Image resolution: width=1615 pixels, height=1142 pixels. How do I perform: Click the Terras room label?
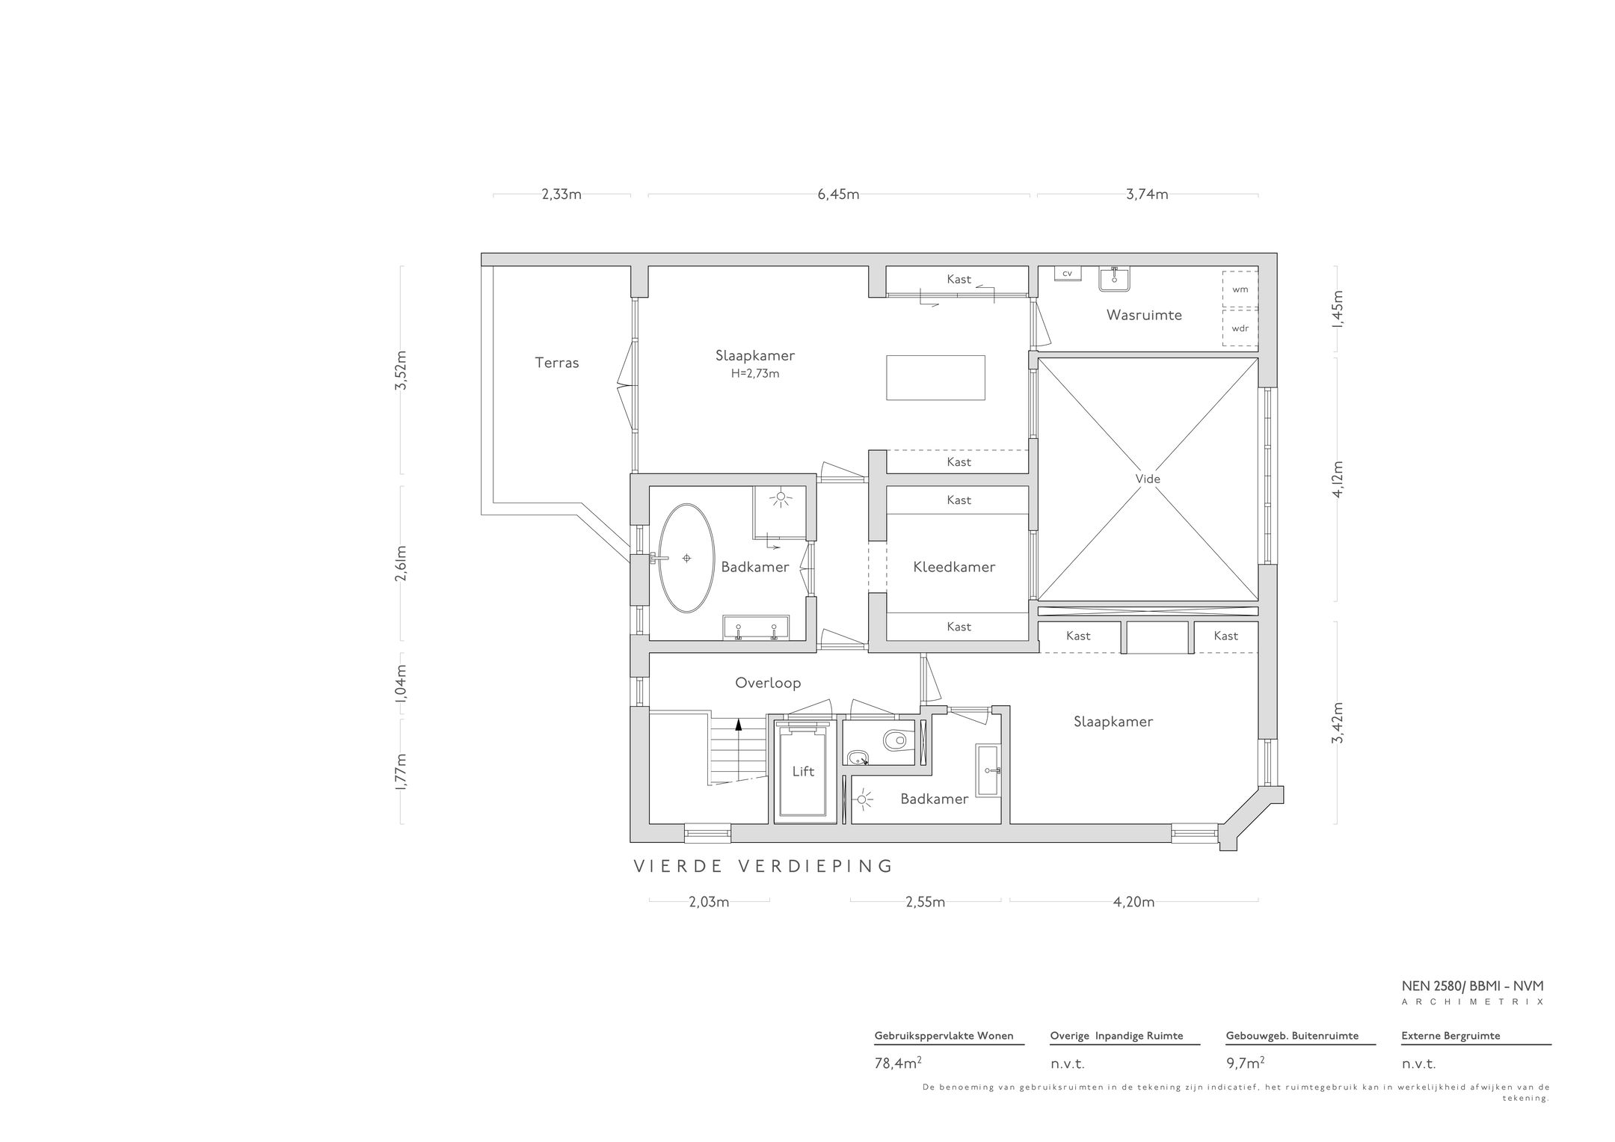pos(557,363)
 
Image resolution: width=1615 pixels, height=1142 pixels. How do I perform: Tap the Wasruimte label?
pos(1144,315)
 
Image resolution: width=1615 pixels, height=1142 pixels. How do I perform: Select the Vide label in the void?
pos(1148,479)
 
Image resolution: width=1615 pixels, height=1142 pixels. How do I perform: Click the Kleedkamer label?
pos(954,567)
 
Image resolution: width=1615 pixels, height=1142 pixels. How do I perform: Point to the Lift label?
pos(803,771)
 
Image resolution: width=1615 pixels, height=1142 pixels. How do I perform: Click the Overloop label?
pos(768,683)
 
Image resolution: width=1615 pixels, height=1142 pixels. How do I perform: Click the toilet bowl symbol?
pos(894,741)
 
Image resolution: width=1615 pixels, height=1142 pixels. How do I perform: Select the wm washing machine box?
pos(1240,289)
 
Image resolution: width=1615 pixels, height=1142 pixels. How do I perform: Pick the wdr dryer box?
pos(1240,328)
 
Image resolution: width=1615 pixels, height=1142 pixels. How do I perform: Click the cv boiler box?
pos(1068,273)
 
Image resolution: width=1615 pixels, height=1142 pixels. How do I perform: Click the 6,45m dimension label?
pos(838,194)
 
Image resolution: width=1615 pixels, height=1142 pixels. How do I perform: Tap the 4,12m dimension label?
pos(1338,479)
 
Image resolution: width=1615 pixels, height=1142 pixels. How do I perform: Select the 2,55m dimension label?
pos(925,902)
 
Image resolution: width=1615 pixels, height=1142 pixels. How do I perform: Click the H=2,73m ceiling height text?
pos(755,374)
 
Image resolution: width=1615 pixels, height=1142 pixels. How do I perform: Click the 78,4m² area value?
pos(898,1063)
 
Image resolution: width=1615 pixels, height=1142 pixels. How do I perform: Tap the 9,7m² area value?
pos(1246,1063)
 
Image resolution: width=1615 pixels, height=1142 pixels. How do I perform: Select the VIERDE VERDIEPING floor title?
pos(763,866)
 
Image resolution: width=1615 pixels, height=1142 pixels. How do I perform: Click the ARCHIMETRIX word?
pos(1472,1001)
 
